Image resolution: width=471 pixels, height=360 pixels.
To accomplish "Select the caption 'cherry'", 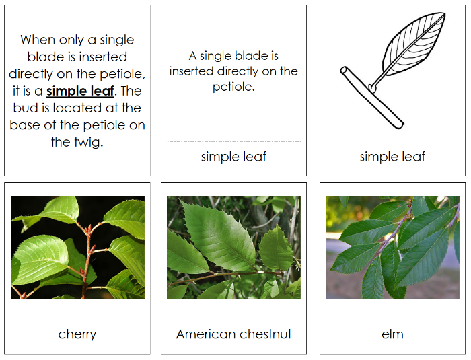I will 77,334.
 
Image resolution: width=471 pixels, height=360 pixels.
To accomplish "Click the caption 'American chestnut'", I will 233,334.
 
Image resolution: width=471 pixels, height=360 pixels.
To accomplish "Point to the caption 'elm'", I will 392,334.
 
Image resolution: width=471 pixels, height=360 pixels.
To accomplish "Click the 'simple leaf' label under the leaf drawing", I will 392,157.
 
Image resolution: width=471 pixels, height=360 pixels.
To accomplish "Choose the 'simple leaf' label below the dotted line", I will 233,157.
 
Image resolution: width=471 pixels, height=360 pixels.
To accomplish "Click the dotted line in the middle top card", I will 233,141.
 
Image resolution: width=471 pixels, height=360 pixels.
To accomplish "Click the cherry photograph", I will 77,248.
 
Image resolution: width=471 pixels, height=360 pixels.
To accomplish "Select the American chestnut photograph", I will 233,248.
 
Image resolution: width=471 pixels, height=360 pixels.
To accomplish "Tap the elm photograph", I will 392,248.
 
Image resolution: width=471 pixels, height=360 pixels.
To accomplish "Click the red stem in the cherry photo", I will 85,269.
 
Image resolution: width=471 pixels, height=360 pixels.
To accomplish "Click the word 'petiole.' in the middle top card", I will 233,86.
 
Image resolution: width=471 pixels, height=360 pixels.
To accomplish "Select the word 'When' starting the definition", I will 38,40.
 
